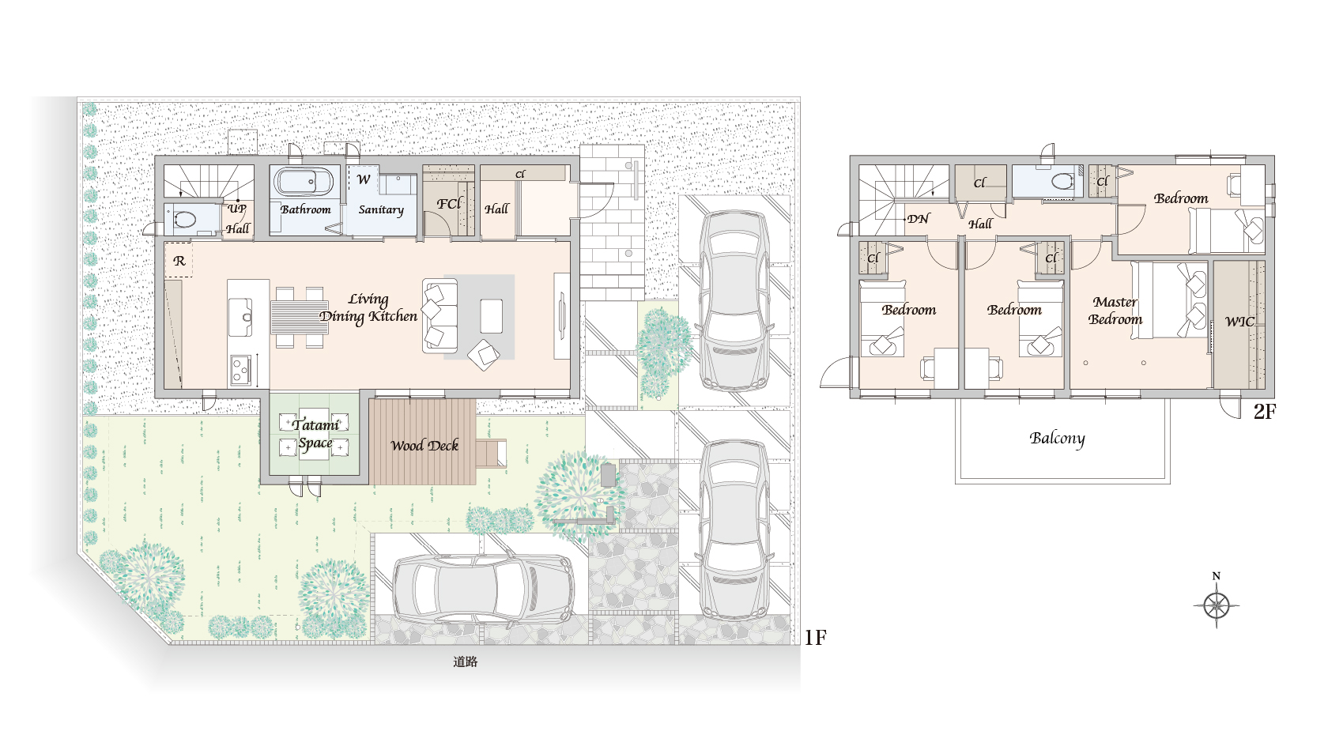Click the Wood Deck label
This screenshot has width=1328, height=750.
coord(424,445)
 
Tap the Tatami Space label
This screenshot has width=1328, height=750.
coord(315,434)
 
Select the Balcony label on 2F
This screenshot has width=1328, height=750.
coord(1057,439)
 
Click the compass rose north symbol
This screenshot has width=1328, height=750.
coord(1216,605)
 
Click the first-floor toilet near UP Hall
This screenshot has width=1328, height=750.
coord(183,220)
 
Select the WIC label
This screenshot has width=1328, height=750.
coord(1239,322)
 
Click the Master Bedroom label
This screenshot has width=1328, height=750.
coord(1115,311)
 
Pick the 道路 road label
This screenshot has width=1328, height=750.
coord(466,661)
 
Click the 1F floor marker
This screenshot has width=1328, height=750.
coord(815,637)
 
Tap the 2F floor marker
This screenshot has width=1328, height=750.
coord(1265,412)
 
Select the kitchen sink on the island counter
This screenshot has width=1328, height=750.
coord(240,317)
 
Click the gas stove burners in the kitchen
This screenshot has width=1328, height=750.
coord(240,371)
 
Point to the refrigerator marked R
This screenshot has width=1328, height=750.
coord(179,260)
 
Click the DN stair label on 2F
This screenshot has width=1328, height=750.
coord(919,219)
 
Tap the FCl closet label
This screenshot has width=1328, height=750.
coord(449,204)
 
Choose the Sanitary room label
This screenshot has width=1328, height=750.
coord(381,210)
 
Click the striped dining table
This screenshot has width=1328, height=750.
coord(300,317)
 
